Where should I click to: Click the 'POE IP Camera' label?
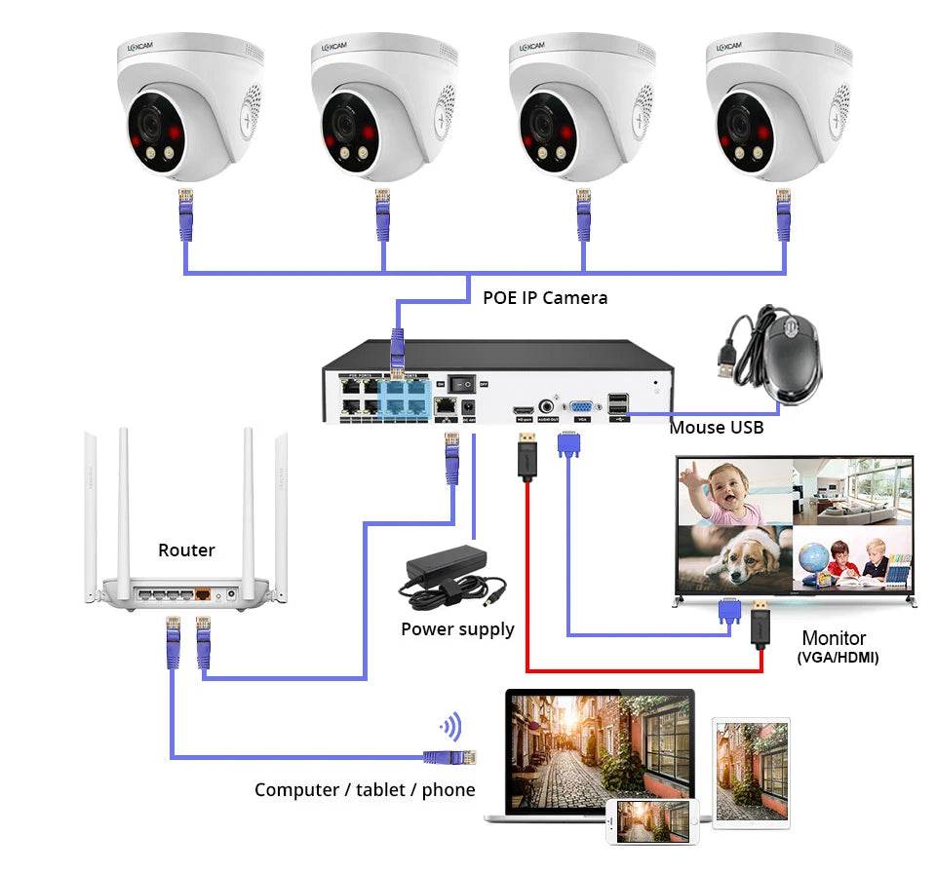click(545, 297)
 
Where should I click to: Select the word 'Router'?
click(186, 550)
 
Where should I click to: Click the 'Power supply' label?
click(457, 629)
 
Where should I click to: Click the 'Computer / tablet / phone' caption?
click(365, 789)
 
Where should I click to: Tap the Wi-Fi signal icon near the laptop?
click(450, 727)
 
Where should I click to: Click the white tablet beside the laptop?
click(751, 769)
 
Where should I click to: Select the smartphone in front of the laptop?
click(652, 820)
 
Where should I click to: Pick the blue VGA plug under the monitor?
click(727, 611)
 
